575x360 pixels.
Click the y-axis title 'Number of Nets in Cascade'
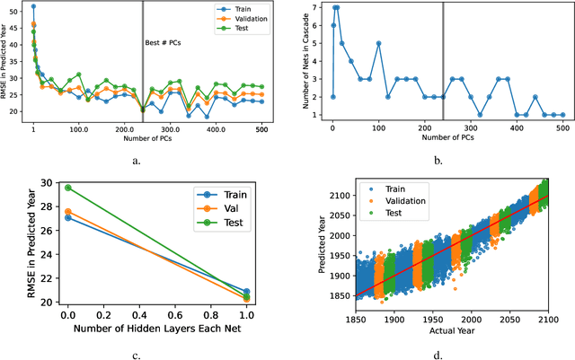(308, 61)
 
